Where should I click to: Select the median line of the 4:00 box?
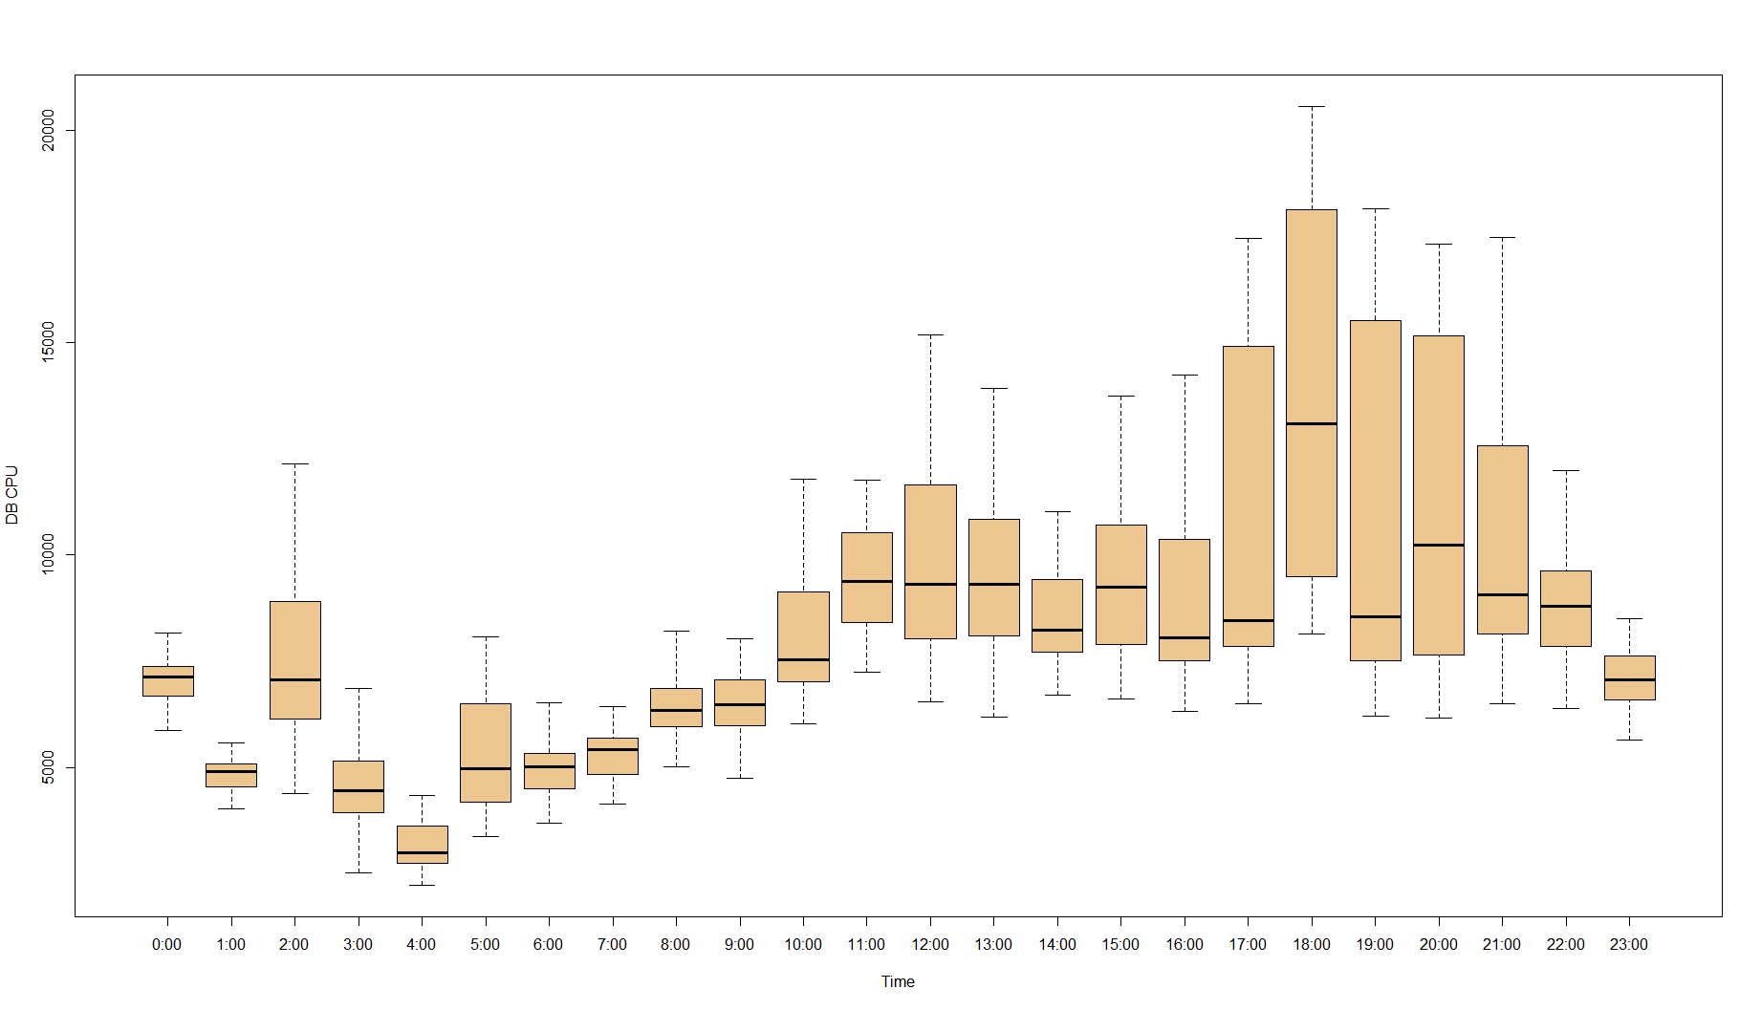pyautogui.click(x=422, y=851)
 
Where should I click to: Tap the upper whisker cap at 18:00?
pyautogui.click(x=1312, y=107)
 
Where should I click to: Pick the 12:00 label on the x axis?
pyautogui.click(x=929, y=944)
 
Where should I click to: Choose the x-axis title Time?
pyautogui.click(x=898, y=981)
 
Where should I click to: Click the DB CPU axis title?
pyautogui.click(x=12, y=495)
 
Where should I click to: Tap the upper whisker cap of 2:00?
pyautogui.click(x=294, y=463)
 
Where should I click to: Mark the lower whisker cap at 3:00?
pyautogui.click(x=359, y=872)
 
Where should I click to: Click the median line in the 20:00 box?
pyautogui.click(x=1439, y=545)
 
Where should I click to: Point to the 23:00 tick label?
pyautogui.click(x=1629, y=944)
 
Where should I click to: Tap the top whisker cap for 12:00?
pyautogui.click(x=930, y=335)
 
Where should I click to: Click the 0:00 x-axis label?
pyautogui.click(x=167, y=944)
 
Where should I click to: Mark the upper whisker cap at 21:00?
pyautogui.click(x=1502, y=237)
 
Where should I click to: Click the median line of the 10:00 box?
pyautogui.click(x=803, y=659)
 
